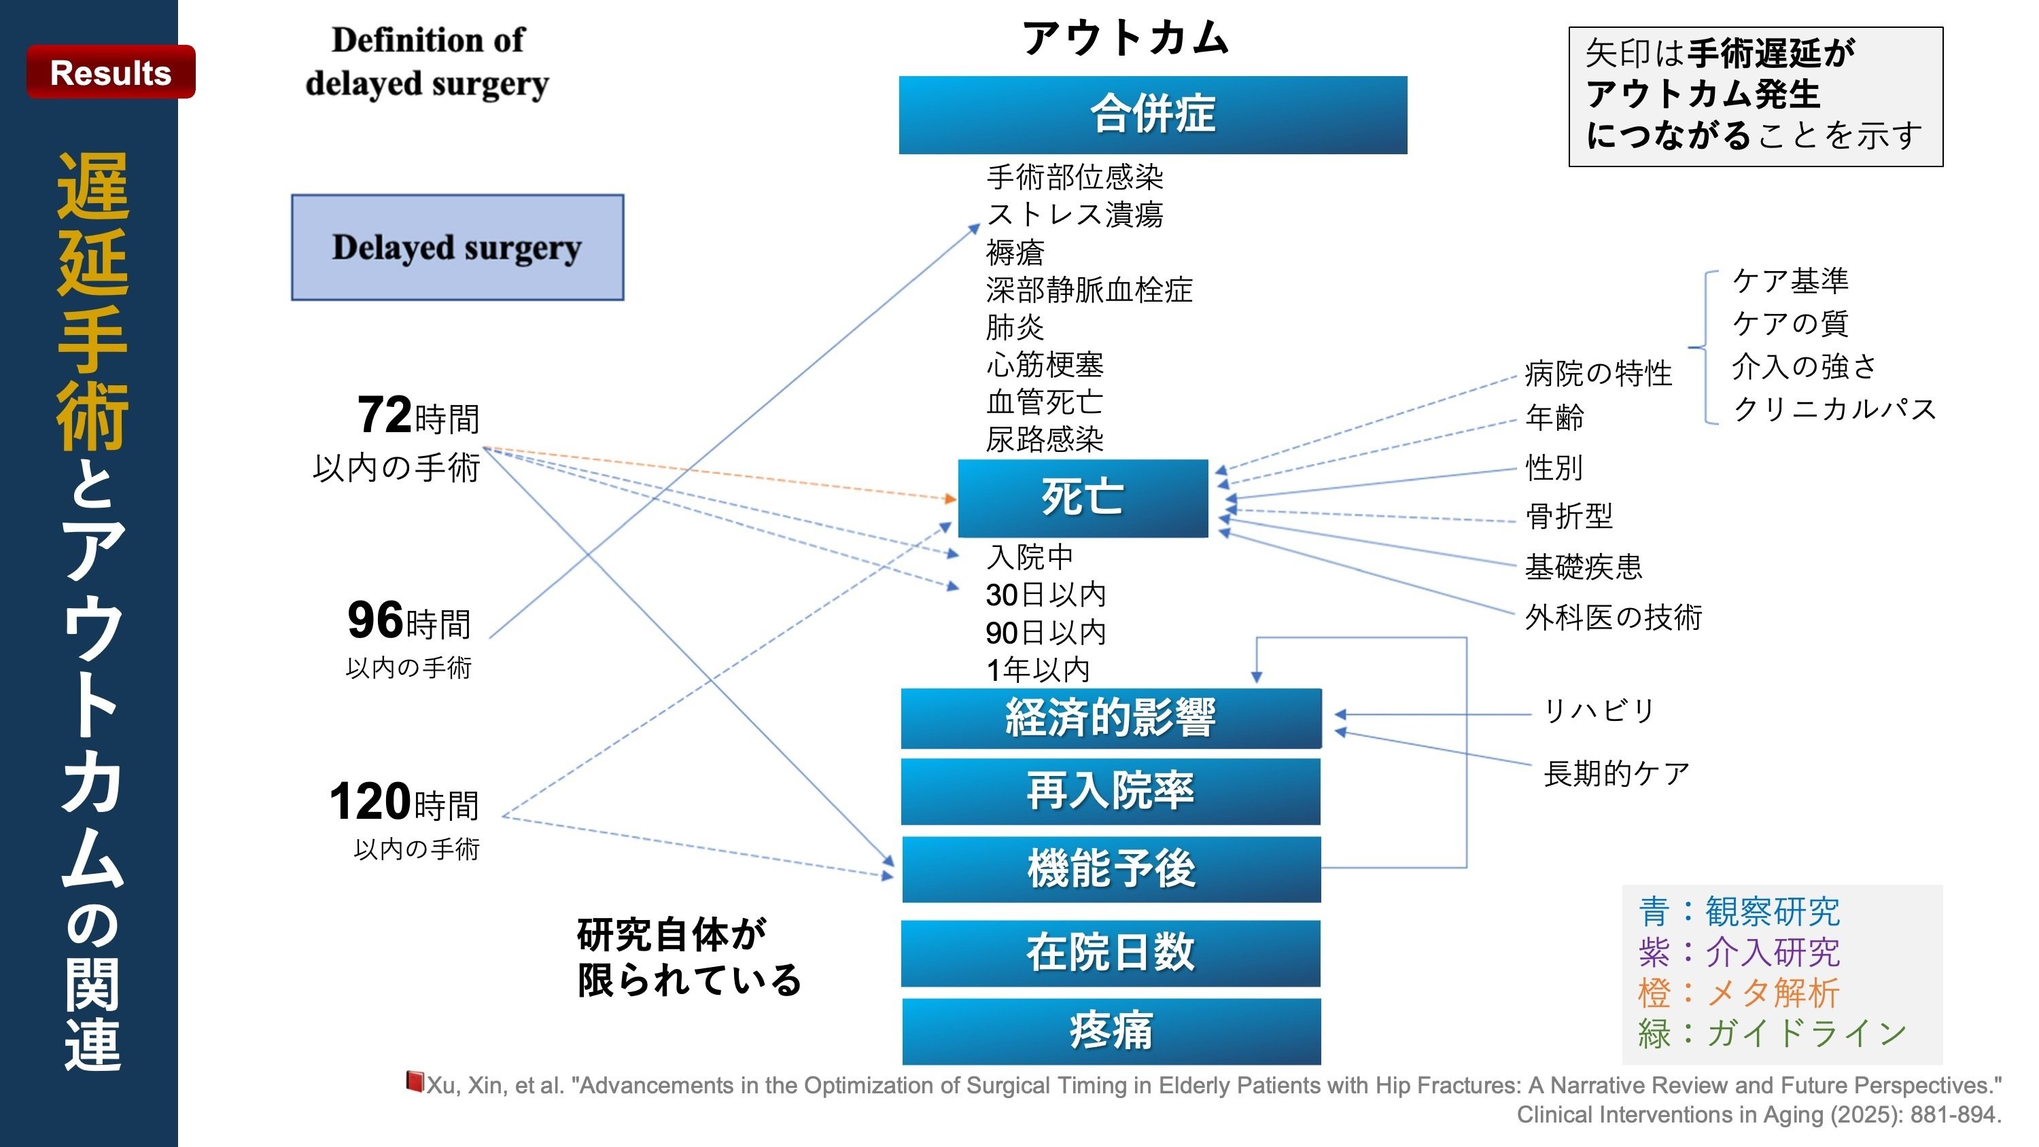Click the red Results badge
[111, 72]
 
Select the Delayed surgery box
[457, 247]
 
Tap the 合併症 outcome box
[1153, 115]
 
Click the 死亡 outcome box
[1082, 498]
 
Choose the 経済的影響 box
[1111, 718]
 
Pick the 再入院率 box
[1111, 791]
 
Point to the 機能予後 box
[1111, 869]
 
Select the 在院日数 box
[1111, 952]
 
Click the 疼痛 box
[1111, 1031]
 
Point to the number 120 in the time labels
[370, 801]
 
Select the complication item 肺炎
[1015, 327]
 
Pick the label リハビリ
[1599, 710]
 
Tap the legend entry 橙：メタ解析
[1738, 993]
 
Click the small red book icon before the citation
[414, 1081]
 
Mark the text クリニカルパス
[1834, 409]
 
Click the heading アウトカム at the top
[1125, 38]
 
